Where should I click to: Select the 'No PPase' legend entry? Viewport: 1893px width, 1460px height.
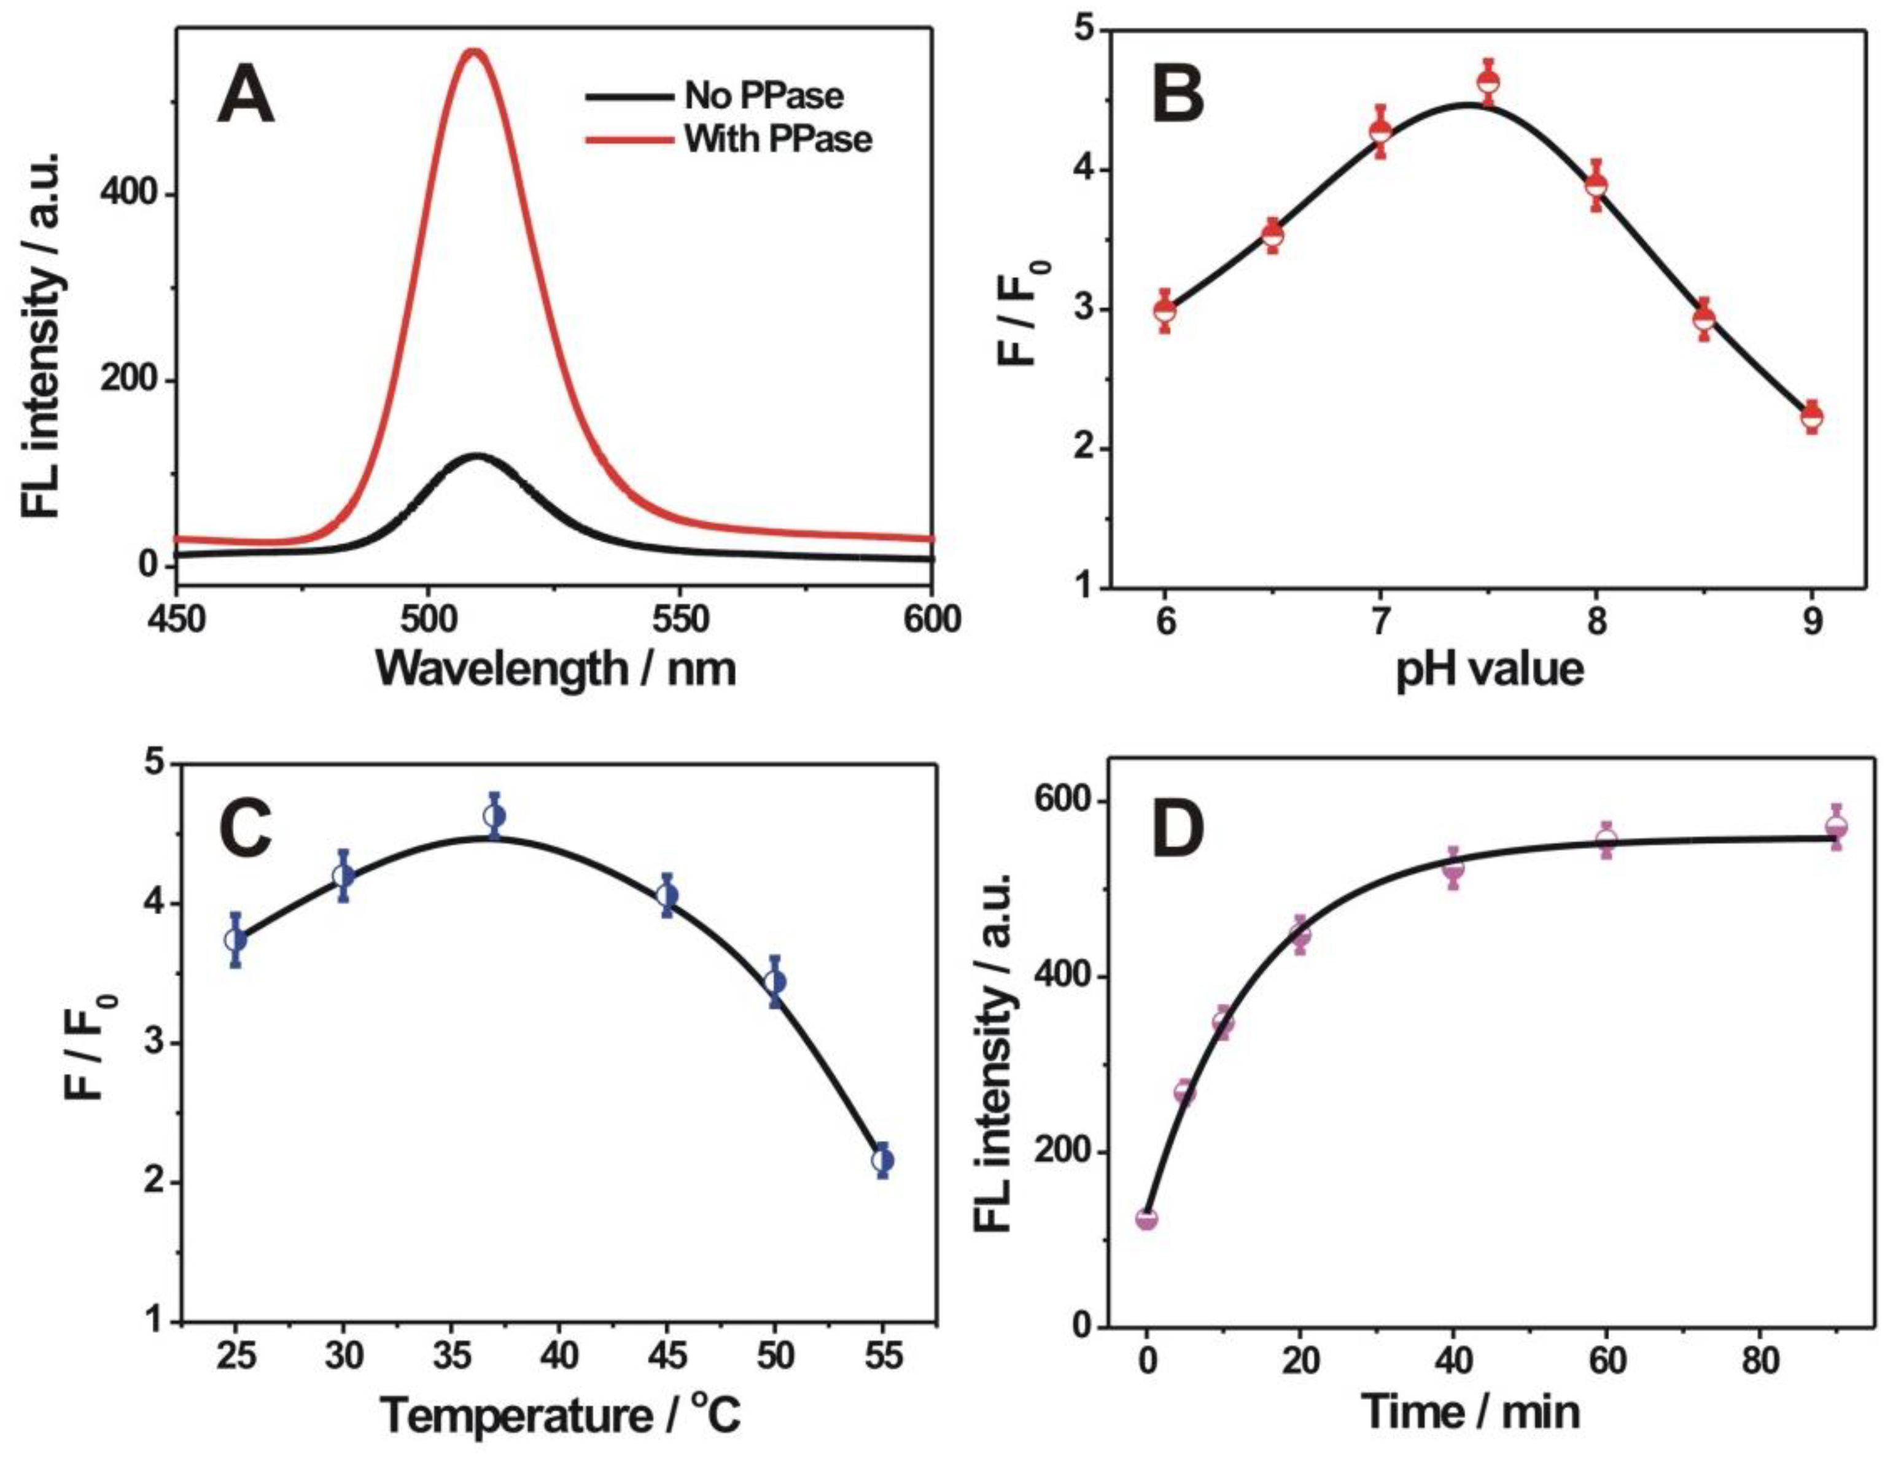point(763,95)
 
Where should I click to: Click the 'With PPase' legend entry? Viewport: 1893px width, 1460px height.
point(777,139)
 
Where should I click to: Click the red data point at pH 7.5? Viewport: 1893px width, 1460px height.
point(1489,82)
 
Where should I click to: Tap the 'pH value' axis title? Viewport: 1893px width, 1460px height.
point(1489,669)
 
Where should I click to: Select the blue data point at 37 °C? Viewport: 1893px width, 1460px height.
point(495,817)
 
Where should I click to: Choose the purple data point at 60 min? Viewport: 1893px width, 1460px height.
point(1606,840)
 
